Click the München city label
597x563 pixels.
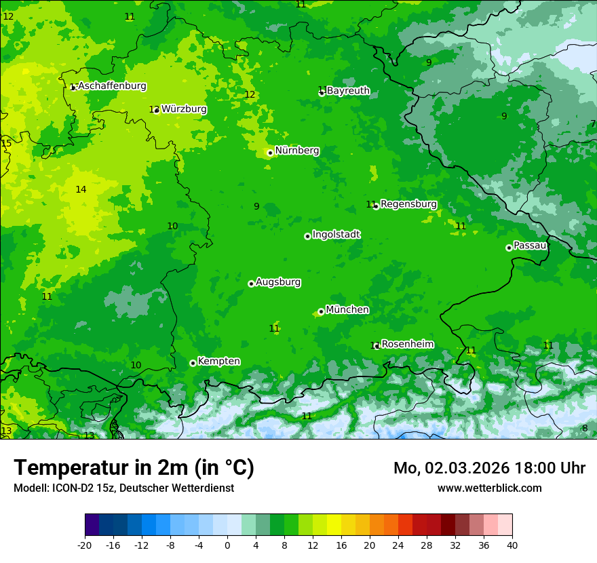click(x=347, y=310)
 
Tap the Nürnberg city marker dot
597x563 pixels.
click(x=270, y=153)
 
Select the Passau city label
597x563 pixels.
click(x=530, y=246)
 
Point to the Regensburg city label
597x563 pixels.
click(x=408, y=204)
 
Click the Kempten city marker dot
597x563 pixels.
click(x=193, y=363)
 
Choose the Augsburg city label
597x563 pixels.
click(x=278, y=282)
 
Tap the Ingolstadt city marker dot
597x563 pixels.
click(x=307, y=236)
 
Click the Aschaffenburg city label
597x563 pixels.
click(x=112, y=86)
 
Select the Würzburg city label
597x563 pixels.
click(x=184, y=109)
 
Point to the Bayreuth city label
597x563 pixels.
click(x=348, y=91)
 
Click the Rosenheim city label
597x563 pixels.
click(x=408, y=345)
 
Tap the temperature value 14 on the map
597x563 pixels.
click(x=81, y=189)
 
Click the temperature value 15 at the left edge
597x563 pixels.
click(x=6, y=143)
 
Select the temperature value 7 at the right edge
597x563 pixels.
click(x=592, y=123)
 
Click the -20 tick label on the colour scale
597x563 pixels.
click(x=85, y=545)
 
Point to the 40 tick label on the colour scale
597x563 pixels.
click(x=512, y=545)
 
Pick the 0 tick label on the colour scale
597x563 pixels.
click(x=227, y=545)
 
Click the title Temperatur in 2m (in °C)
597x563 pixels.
click(x=134, y=468)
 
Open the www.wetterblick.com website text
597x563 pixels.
click(x=489, y=488)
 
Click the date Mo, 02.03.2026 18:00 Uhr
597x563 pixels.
click(x=489, y=468)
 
